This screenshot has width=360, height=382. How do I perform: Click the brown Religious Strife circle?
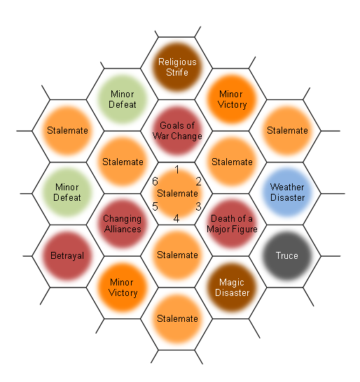(x=177, y=67)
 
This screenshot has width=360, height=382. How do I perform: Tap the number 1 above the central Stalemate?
(x=177, y=169)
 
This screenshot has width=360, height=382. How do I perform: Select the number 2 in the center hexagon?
(x=198, y=181)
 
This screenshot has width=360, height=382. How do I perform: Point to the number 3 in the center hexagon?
(x=198, y=206)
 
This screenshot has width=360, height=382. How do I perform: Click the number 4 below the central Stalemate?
(x=176, y=218)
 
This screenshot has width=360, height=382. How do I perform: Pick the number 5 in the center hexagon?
(x=155, y=206)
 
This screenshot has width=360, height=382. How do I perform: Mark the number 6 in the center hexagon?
(x=155, y=181)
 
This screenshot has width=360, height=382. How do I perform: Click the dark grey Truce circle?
(x=287, y=256)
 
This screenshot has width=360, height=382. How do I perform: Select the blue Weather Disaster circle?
(x=288, y=192)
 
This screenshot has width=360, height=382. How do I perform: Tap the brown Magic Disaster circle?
(x=232, y=288)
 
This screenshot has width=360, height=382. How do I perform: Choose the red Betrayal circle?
(x=67, y=256)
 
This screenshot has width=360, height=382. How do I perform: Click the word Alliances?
(x=123, y=229)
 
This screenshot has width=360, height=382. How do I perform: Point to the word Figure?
(x=246, y=229)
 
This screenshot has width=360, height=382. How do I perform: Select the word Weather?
(x=287, y=187)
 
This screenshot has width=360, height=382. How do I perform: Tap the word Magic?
(x=232, y=283)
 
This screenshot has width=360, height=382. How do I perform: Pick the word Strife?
(x=177, y=72)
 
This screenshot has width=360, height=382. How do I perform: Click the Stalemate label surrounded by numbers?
(x=177, y=193)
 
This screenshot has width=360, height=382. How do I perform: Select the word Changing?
(x=122, y=219)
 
